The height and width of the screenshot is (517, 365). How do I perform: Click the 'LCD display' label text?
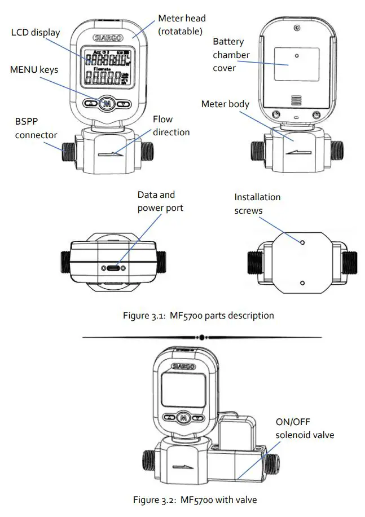click(x=35, y=32)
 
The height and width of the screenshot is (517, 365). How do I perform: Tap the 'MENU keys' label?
click(x=34, y=70)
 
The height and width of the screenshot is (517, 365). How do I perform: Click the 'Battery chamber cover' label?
click(x=231, y=55)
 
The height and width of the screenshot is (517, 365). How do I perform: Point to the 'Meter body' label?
click(x=226, y=104)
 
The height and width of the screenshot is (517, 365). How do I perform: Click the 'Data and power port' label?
click(x=160, y=201)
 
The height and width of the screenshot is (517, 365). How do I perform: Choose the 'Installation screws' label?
click(x=257, y=204)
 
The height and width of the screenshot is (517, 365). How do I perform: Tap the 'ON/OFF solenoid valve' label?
click(x=305, y=428)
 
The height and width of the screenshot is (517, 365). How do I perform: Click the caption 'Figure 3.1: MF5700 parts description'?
click(x=198, y=316)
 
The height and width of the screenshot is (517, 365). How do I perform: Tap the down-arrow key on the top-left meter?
click(x=124, y=104)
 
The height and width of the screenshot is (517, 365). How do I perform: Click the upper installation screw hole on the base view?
click(x=302, y=242)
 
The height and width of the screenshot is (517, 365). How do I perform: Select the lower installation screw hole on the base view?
click(x=302, y=282)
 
